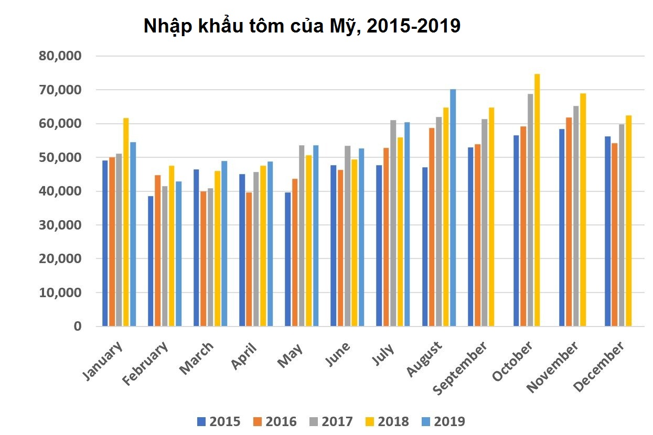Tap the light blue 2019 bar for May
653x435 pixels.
point(316,235)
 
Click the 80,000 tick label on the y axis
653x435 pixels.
point(60,56)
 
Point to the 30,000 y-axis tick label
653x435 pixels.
point(60,225)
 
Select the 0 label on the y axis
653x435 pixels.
point(78,326)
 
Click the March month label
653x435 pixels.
point(197,358)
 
